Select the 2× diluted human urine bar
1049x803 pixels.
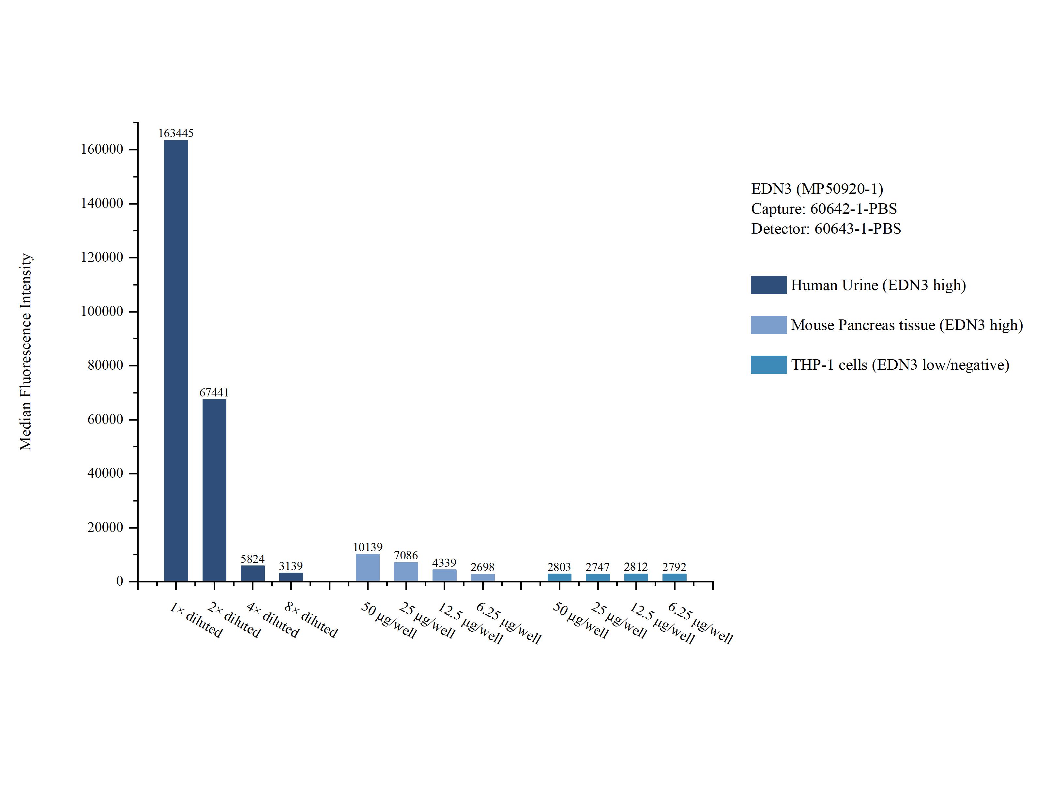[x=214, y=490]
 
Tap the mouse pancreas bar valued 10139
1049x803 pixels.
[x=367, y=567]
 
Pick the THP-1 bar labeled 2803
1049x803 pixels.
[x=559, y=578]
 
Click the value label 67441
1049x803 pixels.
[x=214, y=393]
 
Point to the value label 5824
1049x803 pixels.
[x=252, y=559]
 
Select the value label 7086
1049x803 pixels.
[x=405, y=555]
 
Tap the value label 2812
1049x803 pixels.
[x=635, y=566]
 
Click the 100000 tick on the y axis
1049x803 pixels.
[x=102, y=311]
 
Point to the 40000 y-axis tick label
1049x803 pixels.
[x=105, y=473]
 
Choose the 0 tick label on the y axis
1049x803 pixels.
[x=119, y=581]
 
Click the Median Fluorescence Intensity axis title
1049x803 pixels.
[x=25, y=352]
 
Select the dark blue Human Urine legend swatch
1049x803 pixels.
[x=768, y=285]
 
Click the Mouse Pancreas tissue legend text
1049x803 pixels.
[x=906, y=325]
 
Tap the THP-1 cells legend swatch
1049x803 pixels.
[x=768, y=365]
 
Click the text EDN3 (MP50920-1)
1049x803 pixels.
[x=817, y=189]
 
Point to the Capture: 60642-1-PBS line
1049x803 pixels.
[x=824, y=209]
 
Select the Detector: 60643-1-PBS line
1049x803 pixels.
[x=826, y=228]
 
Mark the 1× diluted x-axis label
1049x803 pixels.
[x=196, y=620]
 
